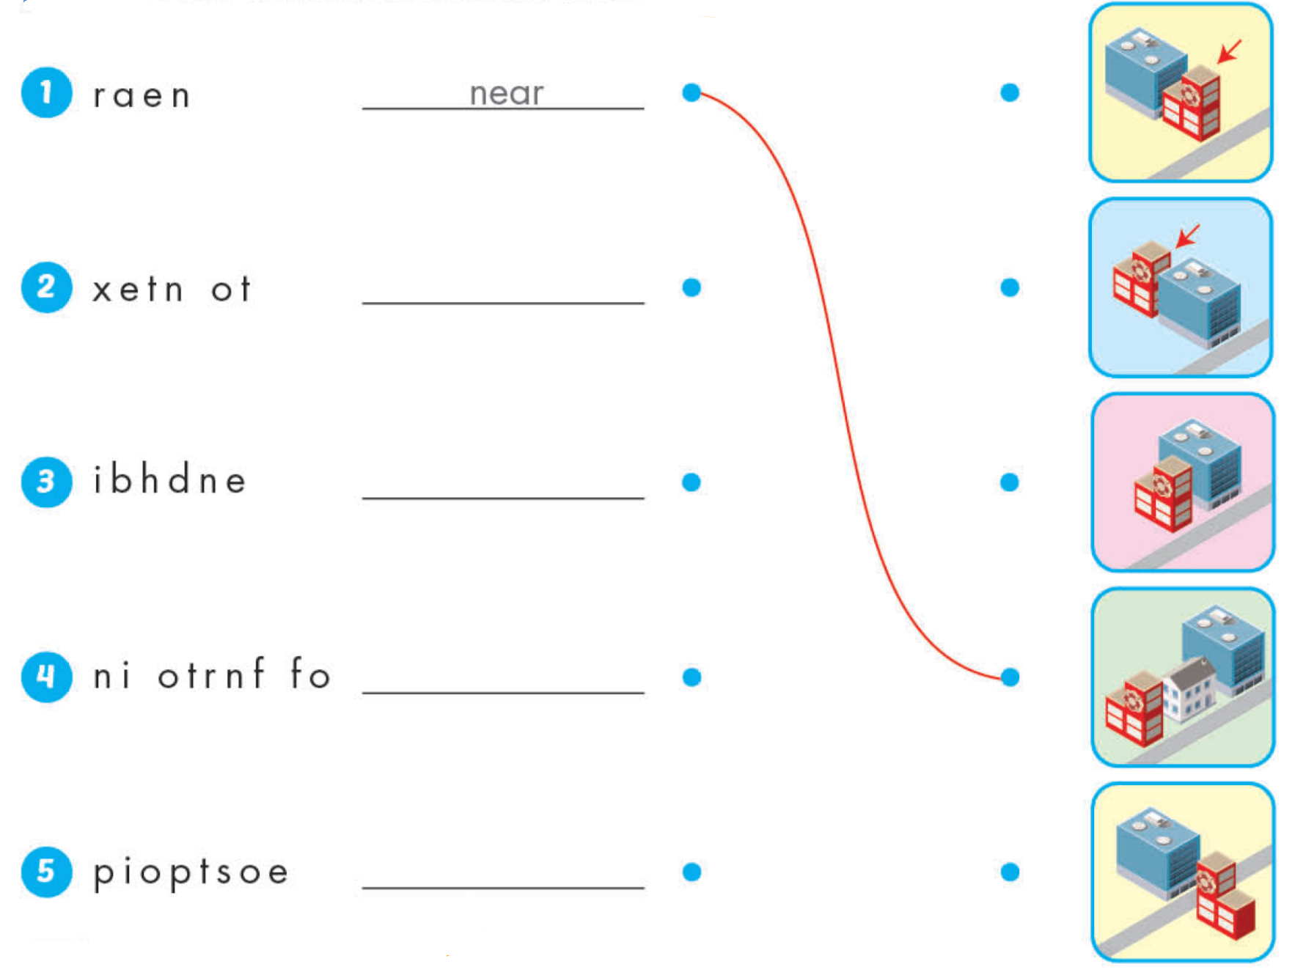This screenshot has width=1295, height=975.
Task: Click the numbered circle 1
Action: pos(46,92)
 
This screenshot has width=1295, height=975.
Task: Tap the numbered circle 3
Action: pos(46,482)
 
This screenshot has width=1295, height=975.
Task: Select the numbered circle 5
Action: pos(46,871)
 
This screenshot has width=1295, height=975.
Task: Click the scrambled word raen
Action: pos(142,96)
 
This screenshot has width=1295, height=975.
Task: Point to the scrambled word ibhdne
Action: pos(169,480)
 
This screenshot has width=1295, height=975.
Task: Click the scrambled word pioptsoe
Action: pos(191,872)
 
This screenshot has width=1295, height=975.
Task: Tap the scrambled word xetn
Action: pos(139,290)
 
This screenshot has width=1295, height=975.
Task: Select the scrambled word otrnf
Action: pos(211,674)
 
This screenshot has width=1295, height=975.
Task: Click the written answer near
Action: pos(506,93)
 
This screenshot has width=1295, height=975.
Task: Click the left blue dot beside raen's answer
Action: pos(691,92)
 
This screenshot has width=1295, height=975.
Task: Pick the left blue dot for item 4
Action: pos(691,677)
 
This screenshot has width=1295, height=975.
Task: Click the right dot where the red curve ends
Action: pos(1010,677)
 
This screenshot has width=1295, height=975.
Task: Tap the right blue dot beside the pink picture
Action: pos(1010,482)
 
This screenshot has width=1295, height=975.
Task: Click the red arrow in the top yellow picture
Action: pos(1230,51)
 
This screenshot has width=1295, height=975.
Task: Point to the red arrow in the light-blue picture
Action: pos(1188,236)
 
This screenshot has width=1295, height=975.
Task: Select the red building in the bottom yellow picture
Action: pos(1223,898)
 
